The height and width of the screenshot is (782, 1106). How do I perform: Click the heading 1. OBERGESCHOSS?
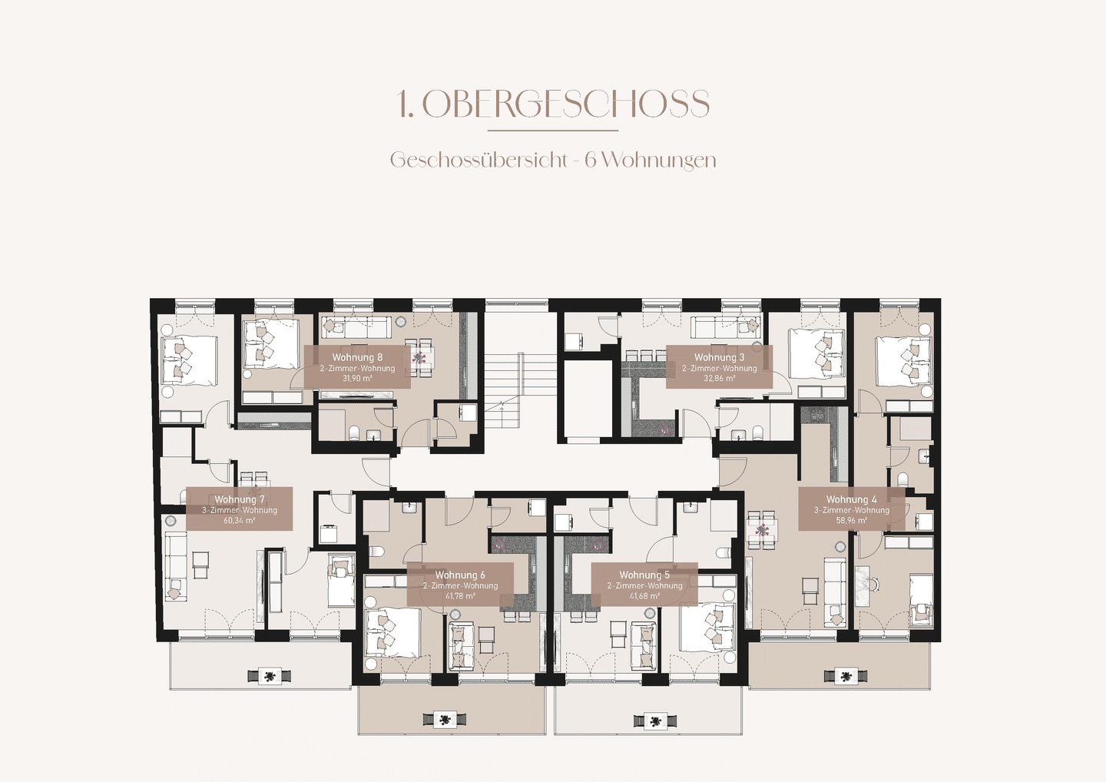(554, 104)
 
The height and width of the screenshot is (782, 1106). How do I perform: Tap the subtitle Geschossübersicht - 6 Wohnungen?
(553, 160)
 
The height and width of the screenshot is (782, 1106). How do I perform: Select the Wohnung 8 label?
(357, 357)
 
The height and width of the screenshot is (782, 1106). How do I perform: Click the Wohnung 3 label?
(719, 357)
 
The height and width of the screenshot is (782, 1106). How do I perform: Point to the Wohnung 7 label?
(240, 499)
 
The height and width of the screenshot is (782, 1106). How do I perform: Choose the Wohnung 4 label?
(851, 499)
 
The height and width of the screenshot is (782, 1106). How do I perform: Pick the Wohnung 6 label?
(460, 575)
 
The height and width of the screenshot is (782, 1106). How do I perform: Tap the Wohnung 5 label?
(644, 575)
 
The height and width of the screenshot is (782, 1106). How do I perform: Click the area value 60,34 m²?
(240, 520)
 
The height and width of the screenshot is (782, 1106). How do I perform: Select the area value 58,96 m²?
(851, 520)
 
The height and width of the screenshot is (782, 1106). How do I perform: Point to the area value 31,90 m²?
(357, 378)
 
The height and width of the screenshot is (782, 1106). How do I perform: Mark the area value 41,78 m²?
(460, 596)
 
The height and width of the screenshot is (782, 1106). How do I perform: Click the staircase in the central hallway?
(502, 385)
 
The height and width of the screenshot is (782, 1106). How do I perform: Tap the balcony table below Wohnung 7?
(269, 676)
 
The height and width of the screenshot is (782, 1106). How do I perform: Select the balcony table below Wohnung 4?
(846, 676)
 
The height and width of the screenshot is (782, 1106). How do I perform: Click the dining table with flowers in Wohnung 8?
(421, 357)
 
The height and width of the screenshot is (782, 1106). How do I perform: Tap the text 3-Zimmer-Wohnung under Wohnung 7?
(240, 511)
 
